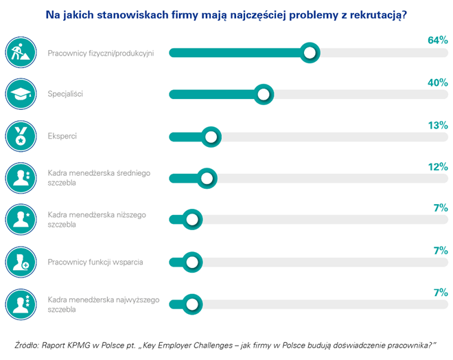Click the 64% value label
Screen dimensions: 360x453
[437, 41]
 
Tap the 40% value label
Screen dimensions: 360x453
[437, 83]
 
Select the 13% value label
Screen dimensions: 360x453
[437, 125]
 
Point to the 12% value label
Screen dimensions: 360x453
[437, 167]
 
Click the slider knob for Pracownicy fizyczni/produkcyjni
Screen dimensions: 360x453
[310, 52]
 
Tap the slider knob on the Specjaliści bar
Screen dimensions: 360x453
[262, 94]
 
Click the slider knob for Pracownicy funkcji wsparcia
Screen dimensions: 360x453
[191, 262]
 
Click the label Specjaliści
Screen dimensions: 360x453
[65, 94]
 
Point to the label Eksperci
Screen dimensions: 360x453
[62, 136]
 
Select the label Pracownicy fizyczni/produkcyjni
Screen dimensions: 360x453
[101, 52]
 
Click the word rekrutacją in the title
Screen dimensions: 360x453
[375, 13]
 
